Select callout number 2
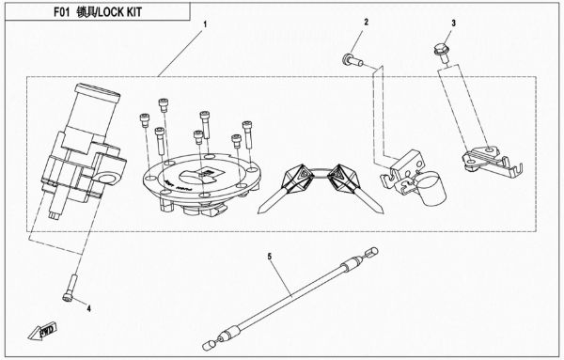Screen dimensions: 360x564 (367, 21)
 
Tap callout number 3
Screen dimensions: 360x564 (453, 22)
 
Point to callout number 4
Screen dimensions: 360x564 (89, 306)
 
